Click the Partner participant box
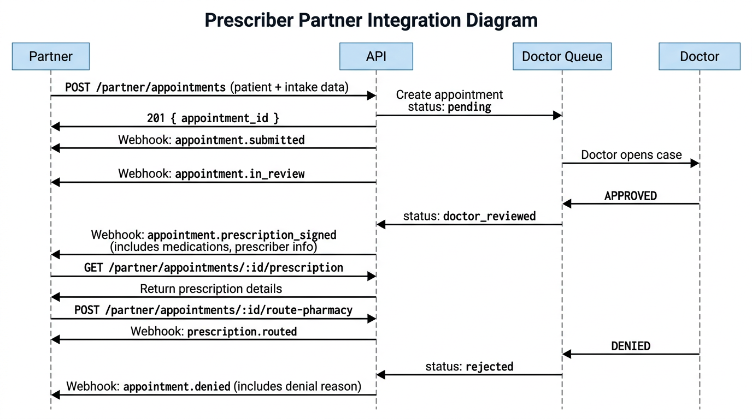[50, 56]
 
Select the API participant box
[376, 56]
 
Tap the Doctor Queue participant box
[562, 56]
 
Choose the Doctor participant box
[700, 56]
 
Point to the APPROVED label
[631, 196]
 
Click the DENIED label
[631, 346]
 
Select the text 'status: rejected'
[469, 367]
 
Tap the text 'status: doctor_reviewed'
[469, 216]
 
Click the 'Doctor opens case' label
[631, 155]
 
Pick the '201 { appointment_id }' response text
[213, 118]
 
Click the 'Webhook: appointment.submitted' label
[211, 140]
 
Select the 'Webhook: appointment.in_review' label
[211, 174]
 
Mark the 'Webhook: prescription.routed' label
[214, 331]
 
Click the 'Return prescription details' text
[211, 289]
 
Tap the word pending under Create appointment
[469, 107]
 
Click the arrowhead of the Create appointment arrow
[558, 115]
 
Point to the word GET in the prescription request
[92, 268]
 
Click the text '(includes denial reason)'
[298, 387]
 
